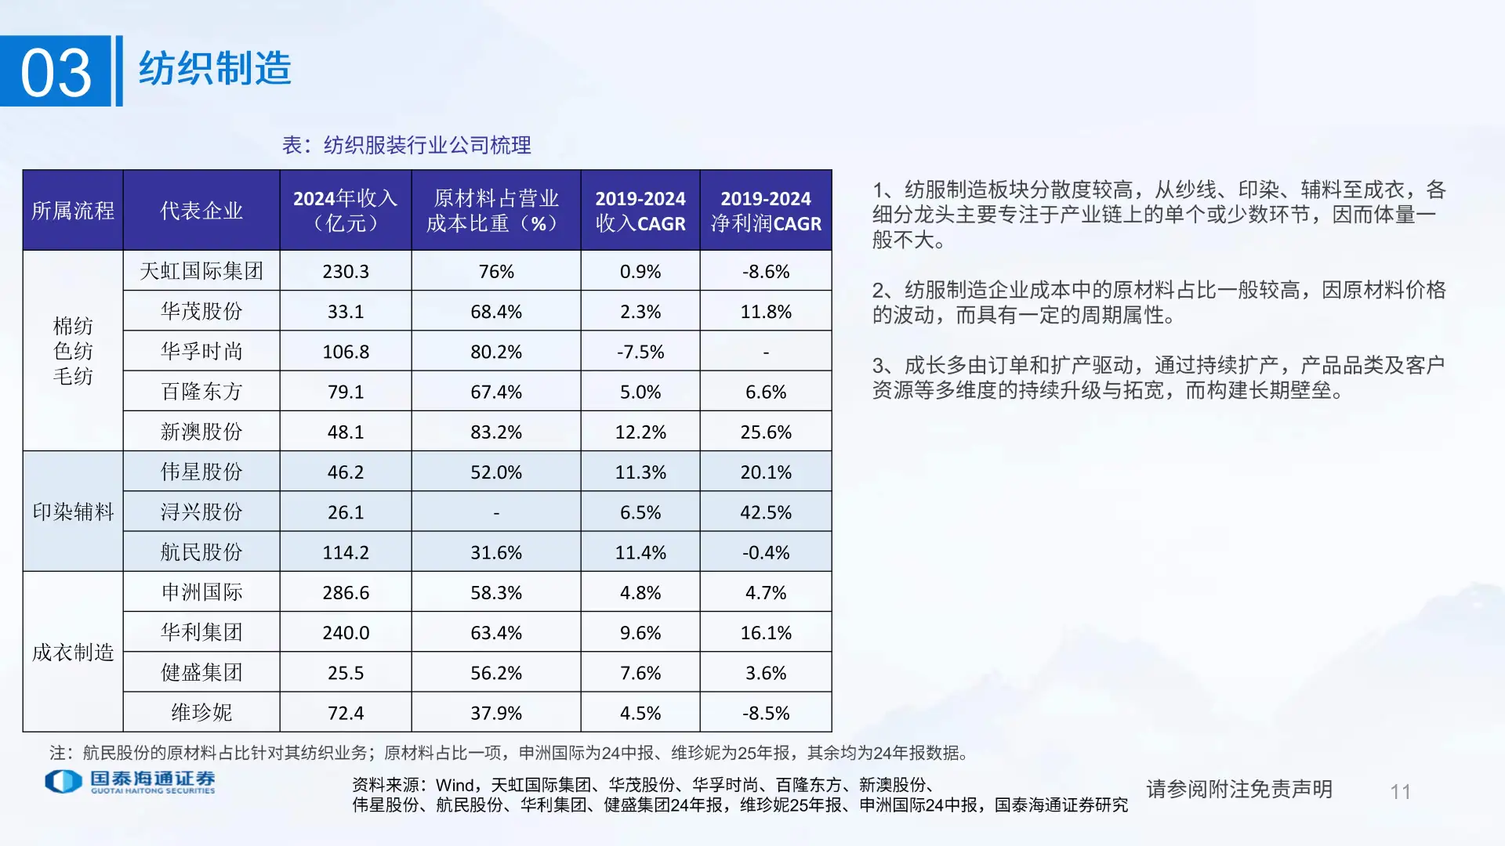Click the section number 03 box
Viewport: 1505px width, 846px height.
click(56, 71)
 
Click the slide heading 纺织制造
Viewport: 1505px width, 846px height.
click(215, 69)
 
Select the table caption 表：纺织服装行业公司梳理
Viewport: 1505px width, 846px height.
click(406, 145)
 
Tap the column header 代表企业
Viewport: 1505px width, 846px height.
click(201, 211)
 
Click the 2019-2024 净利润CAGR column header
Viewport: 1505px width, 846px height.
click(766, 211)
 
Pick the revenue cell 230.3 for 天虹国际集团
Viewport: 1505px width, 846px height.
click(346, 272)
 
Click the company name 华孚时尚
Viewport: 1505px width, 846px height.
click(201, 352)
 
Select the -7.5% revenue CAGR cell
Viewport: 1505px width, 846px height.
click(640, 352)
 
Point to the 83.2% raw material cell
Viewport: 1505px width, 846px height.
click(496, 432)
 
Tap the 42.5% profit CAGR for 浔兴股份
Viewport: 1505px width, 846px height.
click(766, 512)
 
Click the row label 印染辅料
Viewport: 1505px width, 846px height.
click(73, 512)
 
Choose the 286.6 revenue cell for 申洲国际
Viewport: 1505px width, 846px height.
click(346, 593)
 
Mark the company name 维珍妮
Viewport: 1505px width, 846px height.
click(201, 713)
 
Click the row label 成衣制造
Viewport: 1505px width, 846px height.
click(73, 653)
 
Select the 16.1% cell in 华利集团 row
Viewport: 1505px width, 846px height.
click(766, 633)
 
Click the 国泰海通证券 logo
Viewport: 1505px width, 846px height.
click(130, 781)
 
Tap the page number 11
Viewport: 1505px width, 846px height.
click(1400, 792)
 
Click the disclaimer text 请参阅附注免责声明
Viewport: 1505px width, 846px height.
click(1239, 789)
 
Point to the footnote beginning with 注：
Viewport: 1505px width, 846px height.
click(510, 753)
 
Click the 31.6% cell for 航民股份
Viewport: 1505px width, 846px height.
click(496, 552)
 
